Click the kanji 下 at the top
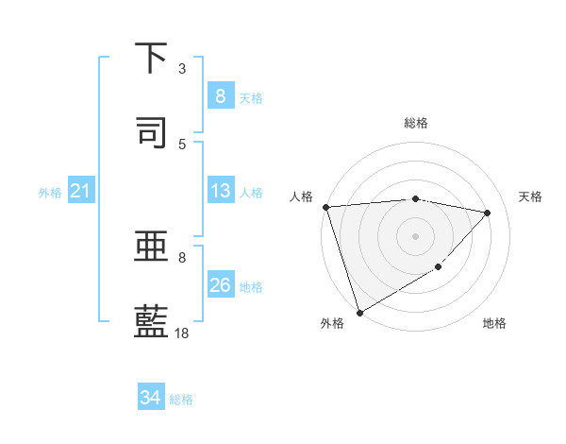pyautogui.click(x=152, y=59)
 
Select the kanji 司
pyautogui.click(x=152, y=132)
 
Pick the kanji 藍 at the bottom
pyautogui.click(x=152, y=321)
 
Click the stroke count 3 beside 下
pyautogui.click(x=182, y=69)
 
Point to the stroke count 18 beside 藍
pyautogui.click(x=182, y=333)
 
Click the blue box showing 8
pyautogui.click(x=220, y=96)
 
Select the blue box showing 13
pyautogui.click(x=220, y=191)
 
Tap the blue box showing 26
pyautogui.click(x=220, y=285)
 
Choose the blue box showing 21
pyautogui.click(x=80, y=192)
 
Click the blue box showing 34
pyautogui.click(x=150, y=398)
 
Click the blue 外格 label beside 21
pyautogui.click(x=50, y=193)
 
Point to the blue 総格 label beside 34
pyautogui.click(x=181, y=400)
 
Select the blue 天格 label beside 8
pyautogui.click(x=250, y=97)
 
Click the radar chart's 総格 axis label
pyautogui.click(x=416, y=123)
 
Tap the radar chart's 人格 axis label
pyautogui.click(x=301, y=196)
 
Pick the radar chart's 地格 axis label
pyautogui.click(x=494, y=324)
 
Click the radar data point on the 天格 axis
pyautogui.click(x=488, y=213)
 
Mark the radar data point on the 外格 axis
pyautogui.click(x=358, y=313)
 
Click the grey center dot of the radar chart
pyautogui.click(x=416, y=235)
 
